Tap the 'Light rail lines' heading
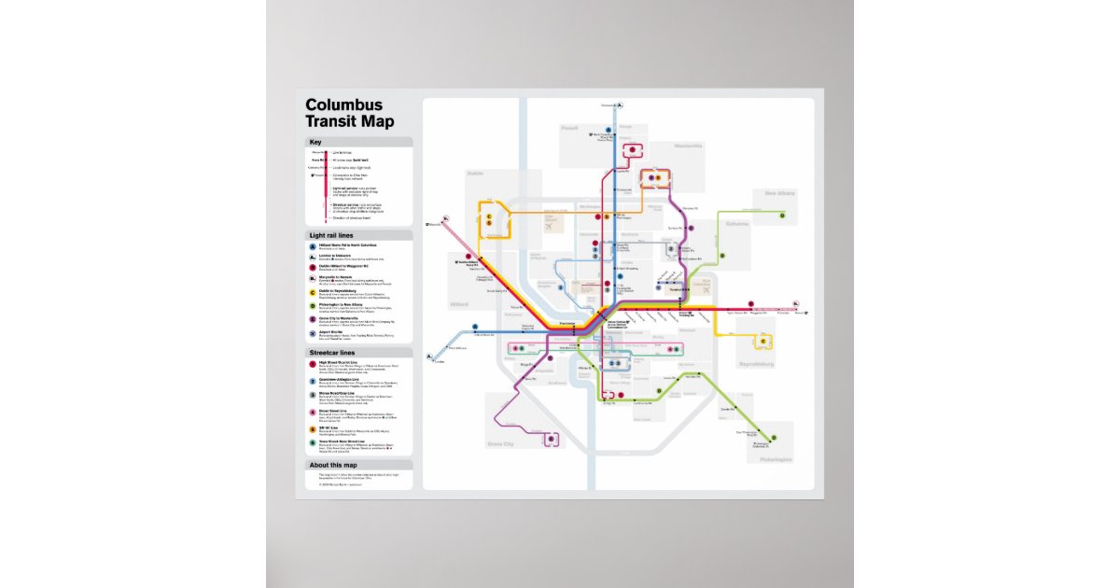(x=331, y=235)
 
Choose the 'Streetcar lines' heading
(x=331, y=353)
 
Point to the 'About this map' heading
(x=333, y=465)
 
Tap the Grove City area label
(x=500, y=444)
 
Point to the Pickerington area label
(x=777, y=460)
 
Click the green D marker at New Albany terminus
(x=783, y=215)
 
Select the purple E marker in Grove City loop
(x=551, y=437)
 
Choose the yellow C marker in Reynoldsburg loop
(x=763, y=342)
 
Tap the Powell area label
(x=569, y=128)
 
